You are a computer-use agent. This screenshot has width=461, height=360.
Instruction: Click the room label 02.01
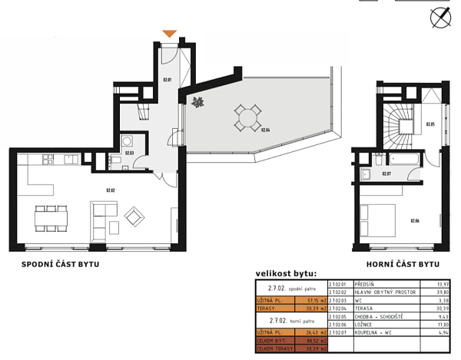tap(167, 79)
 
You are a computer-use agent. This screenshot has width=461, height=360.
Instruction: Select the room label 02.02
tap(110, 190)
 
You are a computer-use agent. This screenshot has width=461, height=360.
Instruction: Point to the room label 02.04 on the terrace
tap(265, 130)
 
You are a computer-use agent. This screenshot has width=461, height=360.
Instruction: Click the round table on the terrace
tap(247, 117)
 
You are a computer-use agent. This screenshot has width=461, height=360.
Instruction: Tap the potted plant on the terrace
tap(197, 102)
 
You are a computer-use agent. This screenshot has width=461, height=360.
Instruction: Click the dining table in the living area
tap(52, 219)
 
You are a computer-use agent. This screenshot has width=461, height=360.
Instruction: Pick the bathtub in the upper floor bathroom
tap(403, 160)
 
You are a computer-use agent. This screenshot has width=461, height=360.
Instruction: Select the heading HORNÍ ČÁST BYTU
tap(401, 264)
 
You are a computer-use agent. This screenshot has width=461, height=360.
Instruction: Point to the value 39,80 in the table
tap(440, 292)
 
